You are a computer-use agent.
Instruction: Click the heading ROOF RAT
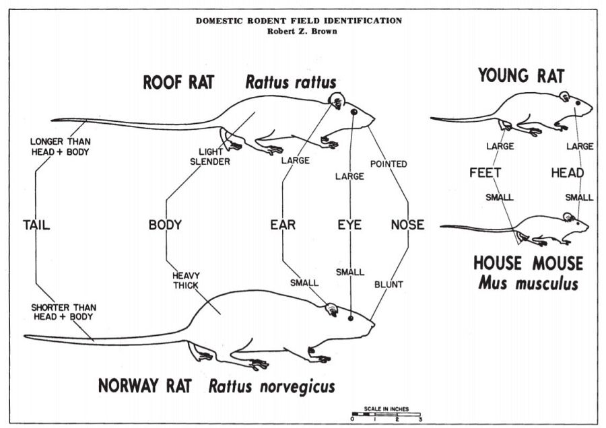[x=178, y=82]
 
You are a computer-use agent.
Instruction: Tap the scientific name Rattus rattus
[x=290, y=82]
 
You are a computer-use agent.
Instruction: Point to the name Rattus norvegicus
[x=271, y=386]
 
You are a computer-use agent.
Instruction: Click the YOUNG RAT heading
[x=521, y=75]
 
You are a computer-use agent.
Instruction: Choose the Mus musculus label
[x=528, y=283]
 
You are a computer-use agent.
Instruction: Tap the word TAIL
[x=36, y=225]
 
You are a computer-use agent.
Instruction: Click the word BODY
[x=165, y=225]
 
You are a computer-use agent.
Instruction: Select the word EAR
[x=283, y=225]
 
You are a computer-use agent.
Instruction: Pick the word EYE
[x=349, y=225]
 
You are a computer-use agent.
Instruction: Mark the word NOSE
[x=407, y=225]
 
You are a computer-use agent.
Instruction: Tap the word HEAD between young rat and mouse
[x=567, y=173]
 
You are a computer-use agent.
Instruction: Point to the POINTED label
[x=389, y=164]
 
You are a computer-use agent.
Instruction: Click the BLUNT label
[x=389, y=284]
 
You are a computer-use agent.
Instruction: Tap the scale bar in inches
[x=386, y=414]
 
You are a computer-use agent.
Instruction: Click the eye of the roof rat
[x=352, y=112]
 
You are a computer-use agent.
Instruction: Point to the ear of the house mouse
[x=567, y=217]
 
